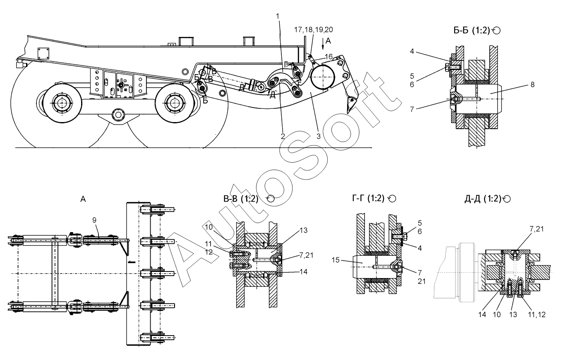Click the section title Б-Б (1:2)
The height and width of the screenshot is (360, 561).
pos(472,31)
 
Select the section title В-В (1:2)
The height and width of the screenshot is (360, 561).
pos(241,199)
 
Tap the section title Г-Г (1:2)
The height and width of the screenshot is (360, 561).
pos(368,198)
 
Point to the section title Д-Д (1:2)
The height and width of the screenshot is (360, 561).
pos(483,199)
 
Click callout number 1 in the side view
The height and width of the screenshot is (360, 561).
pos(277,16)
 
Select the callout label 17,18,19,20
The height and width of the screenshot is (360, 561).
pos(314,30)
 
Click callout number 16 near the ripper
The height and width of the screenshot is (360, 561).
pos(329,57)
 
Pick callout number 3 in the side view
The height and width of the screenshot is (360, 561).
pos(318,136)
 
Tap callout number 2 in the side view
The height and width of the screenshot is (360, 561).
pos(283,136)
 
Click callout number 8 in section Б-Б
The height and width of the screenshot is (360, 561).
pos(532,84)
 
